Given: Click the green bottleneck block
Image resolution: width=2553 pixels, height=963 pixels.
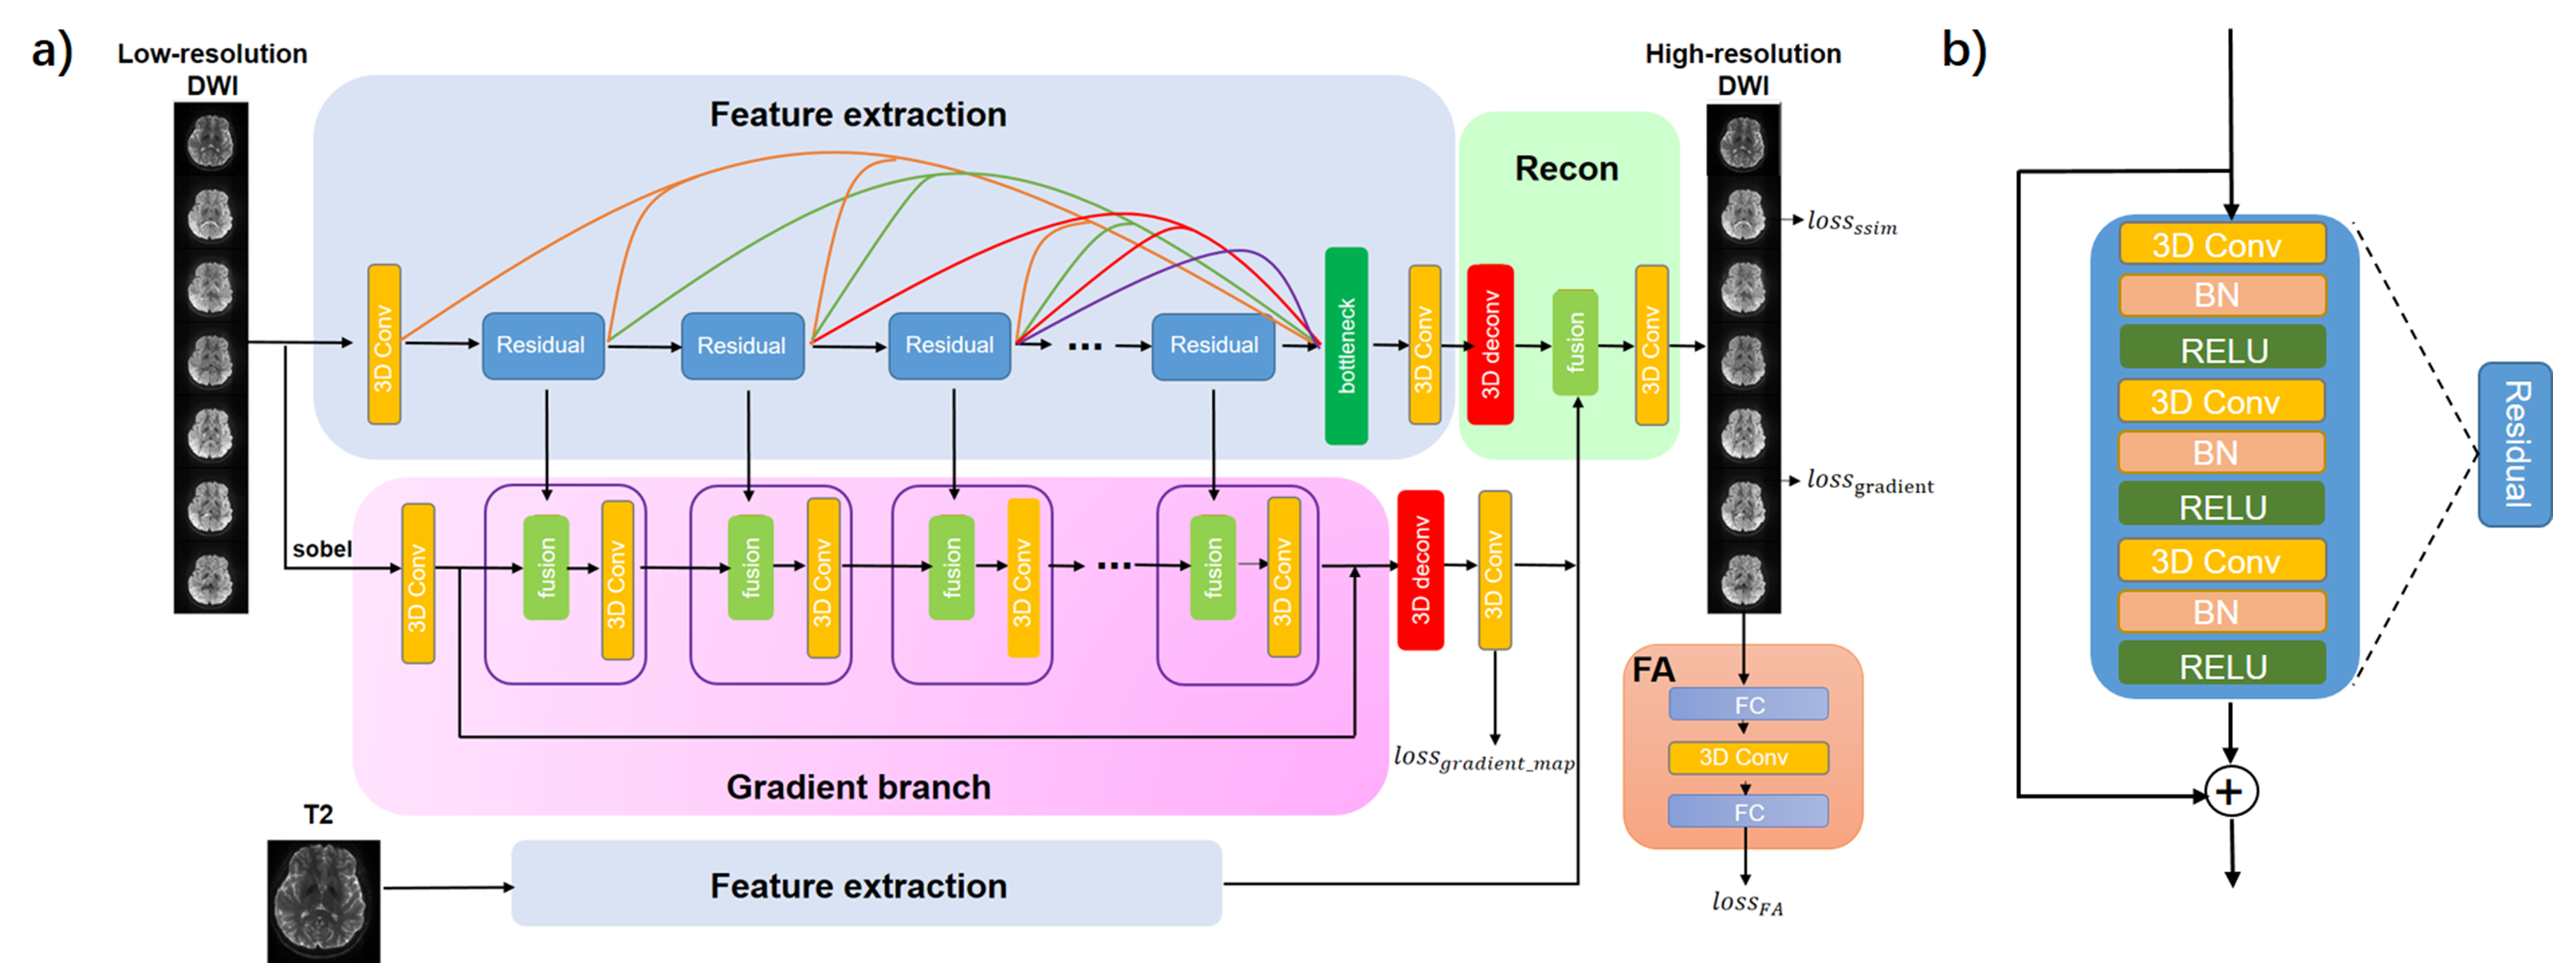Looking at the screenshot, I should point(1346,346).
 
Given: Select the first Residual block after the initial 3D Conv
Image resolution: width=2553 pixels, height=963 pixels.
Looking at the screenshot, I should point(542,346).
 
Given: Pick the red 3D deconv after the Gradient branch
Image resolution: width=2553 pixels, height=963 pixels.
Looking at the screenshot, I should point(1420,570).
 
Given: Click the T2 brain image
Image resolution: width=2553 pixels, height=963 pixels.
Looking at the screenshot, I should point(323,900).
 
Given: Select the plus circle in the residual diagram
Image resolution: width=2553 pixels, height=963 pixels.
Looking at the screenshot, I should point(2230,791).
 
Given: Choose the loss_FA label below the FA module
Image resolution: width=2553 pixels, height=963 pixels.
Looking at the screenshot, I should point(1746,902).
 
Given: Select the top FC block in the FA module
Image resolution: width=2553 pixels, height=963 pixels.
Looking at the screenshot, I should point(1748,705).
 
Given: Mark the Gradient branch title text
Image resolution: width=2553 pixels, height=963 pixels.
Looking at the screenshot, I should point(858,786).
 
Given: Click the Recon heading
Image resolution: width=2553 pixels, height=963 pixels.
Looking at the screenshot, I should point(1566,168).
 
